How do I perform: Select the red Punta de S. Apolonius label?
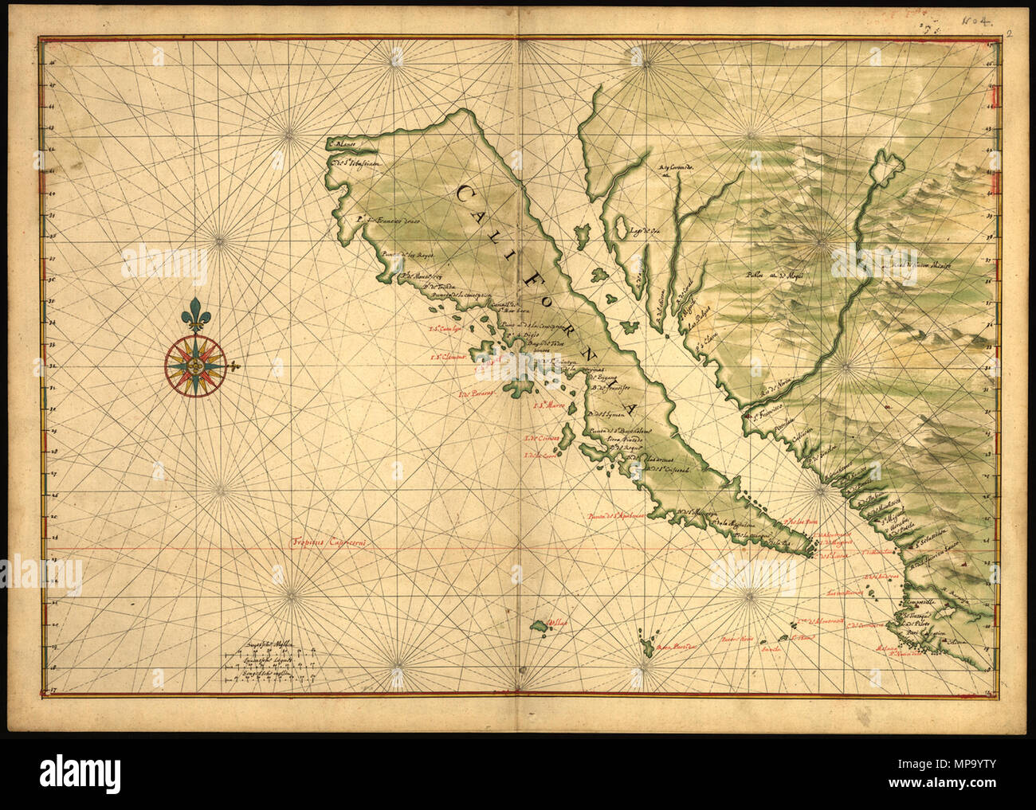point(614,514)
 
